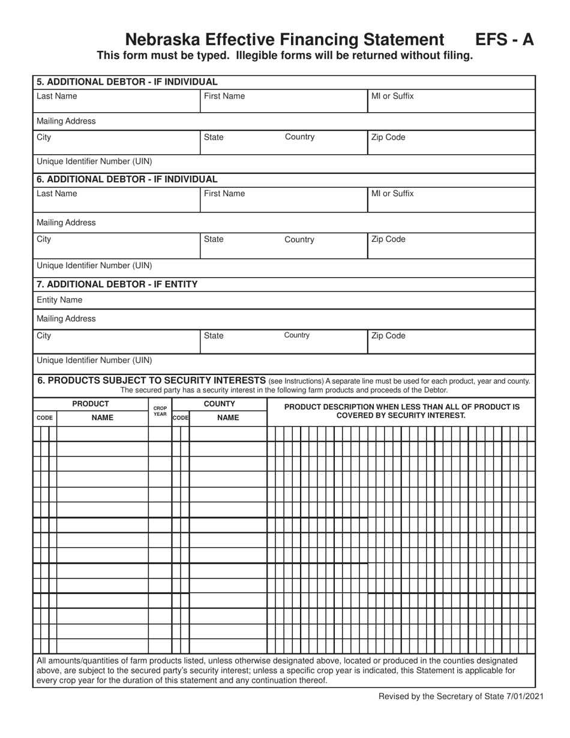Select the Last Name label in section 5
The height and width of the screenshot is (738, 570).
tap(57, 95)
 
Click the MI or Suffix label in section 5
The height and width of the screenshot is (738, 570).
tap(392, 95)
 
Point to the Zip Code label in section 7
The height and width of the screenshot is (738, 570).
tap(388, 336)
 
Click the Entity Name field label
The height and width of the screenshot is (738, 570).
tap(60, 299)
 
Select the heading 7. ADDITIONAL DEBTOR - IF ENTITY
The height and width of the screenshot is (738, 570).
tap(118, 284)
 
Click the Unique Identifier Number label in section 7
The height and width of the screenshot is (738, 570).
tap(95, 361)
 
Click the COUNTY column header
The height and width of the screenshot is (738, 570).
tap(219, 404)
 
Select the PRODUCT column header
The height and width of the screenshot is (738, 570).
tap(91, 404)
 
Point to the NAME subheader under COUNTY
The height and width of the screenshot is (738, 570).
tap(227, 418)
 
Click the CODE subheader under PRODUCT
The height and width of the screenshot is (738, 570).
tap(44, 418)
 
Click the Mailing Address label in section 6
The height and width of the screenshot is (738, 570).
tap(67, 223)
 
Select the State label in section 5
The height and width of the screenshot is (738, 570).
tap(214, 137)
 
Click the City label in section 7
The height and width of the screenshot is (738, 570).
tap(44, 336)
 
